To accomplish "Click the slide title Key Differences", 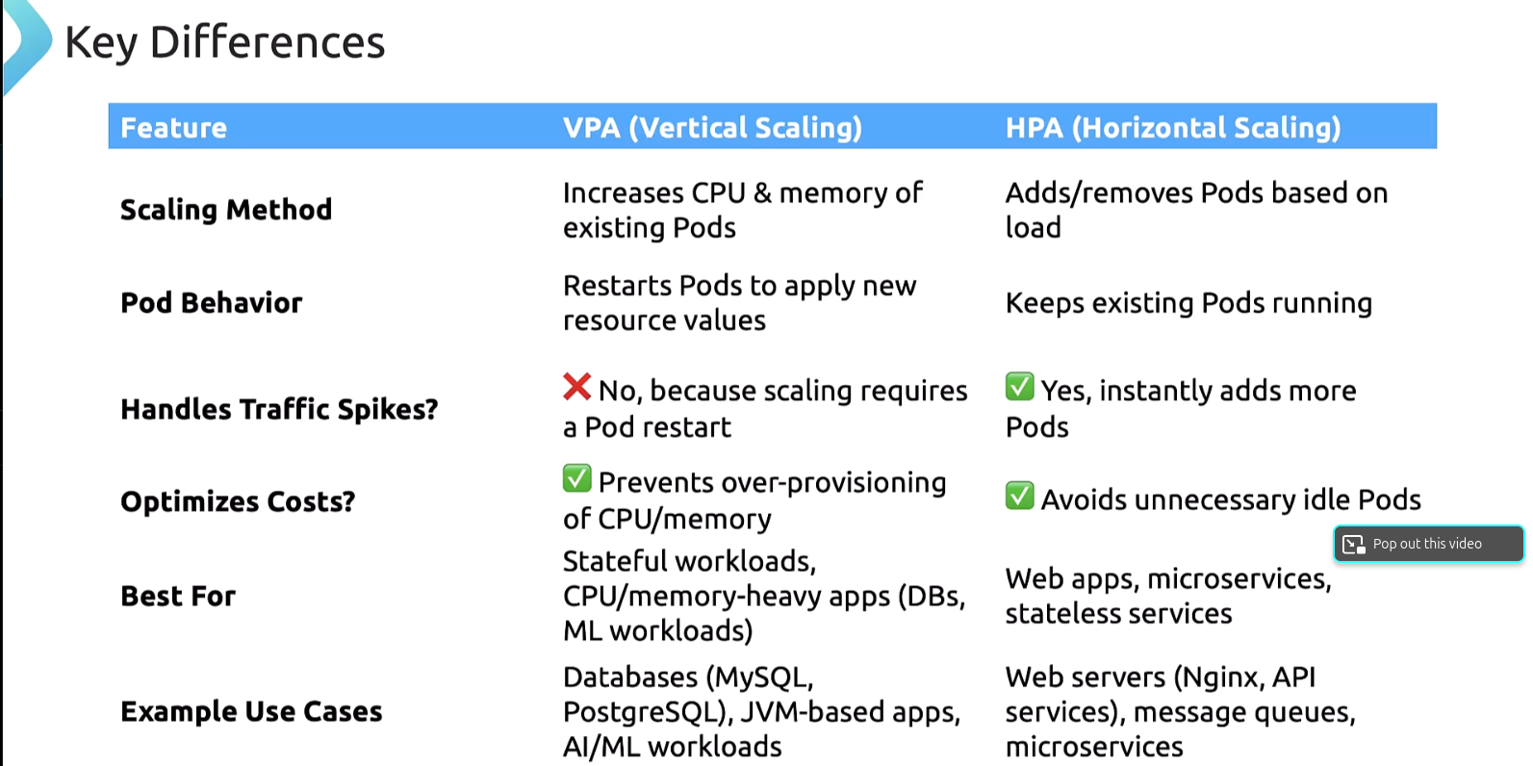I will pyautogui.click(x=224, y=43).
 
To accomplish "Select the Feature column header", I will pyautogui.click(x=173, y=128).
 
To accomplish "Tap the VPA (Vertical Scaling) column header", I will pyautogui.click(x=712, y=128).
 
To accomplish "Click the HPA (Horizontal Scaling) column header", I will pyautogui.click(x=1172, y=128).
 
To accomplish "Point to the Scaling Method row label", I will pyautogui.click(x=226, y=210).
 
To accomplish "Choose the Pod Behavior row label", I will pyautogui.click(x=212, y=303).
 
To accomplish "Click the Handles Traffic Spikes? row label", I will pyautogui.click(x=279, y=410).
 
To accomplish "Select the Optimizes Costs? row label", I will pyautogui.click(x=238, y=502).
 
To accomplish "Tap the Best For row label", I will pyautogui.click(x=178, y=597).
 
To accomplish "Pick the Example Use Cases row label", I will pyautogui.click(x=251, y=712).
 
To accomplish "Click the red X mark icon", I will pyautogui.click(x=577, y=387).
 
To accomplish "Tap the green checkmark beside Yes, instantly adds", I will pyautogui.click(x=1020, y=387).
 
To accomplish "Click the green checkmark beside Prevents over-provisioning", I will pyautogui.click(x=577, y=478).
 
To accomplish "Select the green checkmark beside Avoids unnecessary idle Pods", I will pyautogui.click(x=1020, y=496).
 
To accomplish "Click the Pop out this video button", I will pyautogui.click(x=1428, y=544).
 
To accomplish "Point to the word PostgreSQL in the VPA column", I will pyautogui.click(x=640, y=713).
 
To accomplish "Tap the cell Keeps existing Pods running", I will pyautogui.click(x=1188, y=303).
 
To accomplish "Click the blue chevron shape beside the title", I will pyautogui.click(x=27, y=43).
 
